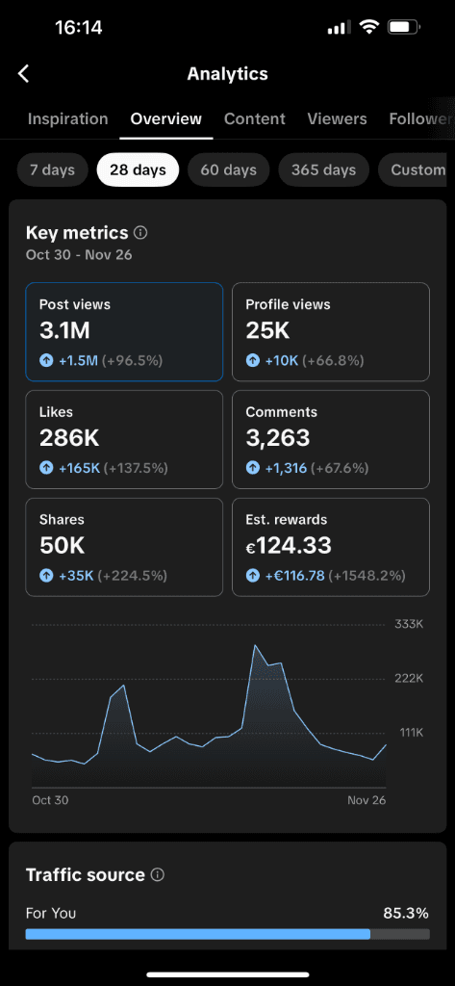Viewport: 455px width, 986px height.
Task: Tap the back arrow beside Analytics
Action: tap(24, 74)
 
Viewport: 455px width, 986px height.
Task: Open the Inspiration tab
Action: tap(67, 119)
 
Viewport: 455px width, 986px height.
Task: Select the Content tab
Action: tap(255, 119)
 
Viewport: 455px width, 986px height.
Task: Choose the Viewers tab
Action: tap(337, 119)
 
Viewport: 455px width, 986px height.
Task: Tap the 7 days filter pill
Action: tap(52, 170)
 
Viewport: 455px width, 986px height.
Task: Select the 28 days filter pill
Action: tap(138, 170)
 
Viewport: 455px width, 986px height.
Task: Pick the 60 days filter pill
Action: tap(229, 170)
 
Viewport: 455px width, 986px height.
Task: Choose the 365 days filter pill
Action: tap(324, 170)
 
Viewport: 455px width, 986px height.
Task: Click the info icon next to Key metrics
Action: tap(140, 233)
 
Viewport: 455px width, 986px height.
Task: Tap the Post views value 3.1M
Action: tap(64, 331)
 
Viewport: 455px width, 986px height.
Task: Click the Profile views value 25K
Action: tap(267, 331)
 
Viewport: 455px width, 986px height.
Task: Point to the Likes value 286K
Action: tap(69, 439)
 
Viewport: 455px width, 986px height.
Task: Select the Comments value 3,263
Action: tap(277, 439)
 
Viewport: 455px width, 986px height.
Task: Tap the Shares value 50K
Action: tap(63, 546)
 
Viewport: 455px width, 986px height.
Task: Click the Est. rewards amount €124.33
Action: tap(289, 546)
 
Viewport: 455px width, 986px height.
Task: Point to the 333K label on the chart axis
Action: tap(409, 625)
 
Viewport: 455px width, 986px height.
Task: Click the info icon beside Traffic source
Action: tap(158, 875)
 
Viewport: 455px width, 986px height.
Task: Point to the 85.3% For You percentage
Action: tap(405, 913)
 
